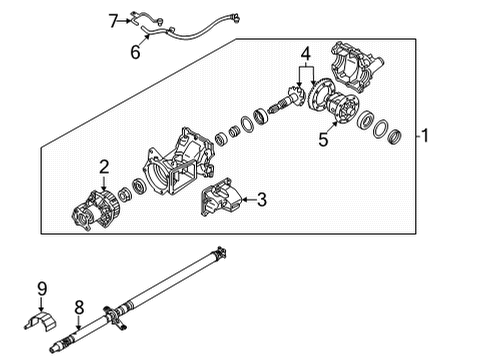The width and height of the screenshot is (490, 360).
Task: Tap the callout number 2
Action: (103, 167)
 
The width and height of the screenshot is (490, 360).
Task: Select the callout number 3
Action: (261, 200)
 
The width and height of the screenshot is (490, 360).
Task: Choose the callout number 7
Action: (114, 17)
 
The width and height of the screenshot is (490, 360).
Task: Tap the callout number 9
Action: (41, 290)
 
